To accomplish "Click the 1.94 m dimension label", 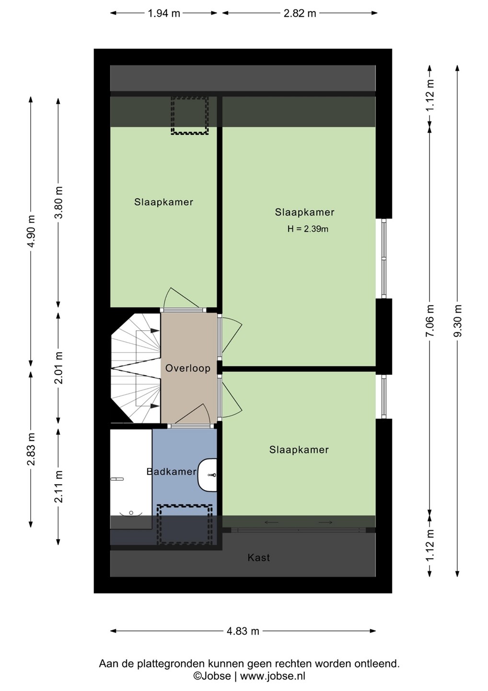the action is click(x=164, y=13).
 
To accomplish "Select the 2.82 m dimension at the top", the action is click(x=300, y=13).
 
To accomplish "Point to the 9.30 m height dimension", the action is click(x=458, y=321).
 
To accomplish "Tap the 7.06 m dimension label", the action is click(x=430, y=321).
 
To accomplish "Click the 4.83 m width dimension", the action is click(x=243, y=631).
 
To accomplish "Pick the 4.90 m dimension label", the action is click(x=31, y=231).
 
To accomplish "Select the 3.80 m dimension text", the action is click(x=58, y=203).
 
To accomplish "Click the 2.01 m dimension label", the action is click(x=58, y=368).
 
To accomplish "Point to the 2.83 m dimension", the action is click(x=31, y=449).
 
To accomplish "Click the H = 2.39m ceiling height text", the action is click(x=308, y=229).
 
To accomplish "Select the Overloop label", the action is click(x=188, y=368).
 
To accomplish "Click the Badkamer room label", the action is click(x=172, y=472).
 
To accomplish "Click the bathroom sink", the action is click(x=208, y=475).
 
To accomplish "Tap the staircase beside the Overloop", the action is click(x=136, y=368).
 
